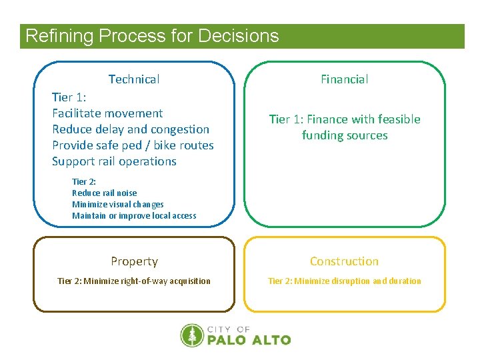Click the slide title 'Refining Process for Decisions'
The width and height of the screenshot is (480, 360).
(x=152, y=36)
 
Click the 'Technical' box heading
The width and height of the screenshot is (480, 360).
(x=133, y=79)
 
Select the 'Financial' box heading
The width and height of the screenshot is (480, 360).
(x=344, y=79)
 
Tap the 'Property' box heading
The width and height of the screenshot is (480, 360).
(x=134, y=261)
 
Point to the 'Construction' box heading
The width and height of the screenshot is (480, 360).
(x=344, y=261)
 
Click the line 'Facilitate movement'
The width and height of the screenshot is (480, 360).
(x=107, y=113)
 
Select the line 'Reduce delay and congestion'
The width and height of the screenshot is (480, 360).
(x=131, y=129)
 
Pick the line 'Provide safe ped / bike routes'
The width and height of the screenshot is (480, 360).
(x=133, y=145)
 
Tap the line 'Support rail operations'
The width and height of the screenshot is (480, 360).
(x=114, y=161)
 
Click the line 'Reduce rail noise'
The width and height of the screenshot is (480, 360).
(x=104, y=193)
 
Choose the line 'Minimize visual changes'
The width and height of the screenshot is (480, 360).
(x=117, y=205)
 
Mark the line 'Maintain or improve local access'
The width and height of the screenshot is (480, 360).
(x=134, y=216)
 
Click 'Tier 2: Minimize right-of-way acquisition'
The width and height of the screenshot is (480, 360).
(x=134, y=281)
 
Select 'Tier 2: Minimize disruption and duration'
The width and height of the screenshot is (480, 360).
(x=344, y=281)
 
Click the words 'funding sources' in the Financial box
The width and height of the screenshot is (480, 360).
(x=344, y=135)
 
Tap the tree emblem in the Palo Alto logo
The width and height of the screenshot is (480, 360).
(x=192, y=335)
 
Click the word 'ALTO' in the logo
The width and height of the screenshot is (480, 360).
(x=271, y=340)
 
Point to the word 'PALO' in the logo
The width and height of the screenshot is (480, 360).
(x=227, y=340)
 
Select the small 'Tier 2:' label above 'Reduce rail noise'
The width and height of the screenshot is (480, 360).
(x=83, y=182)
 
